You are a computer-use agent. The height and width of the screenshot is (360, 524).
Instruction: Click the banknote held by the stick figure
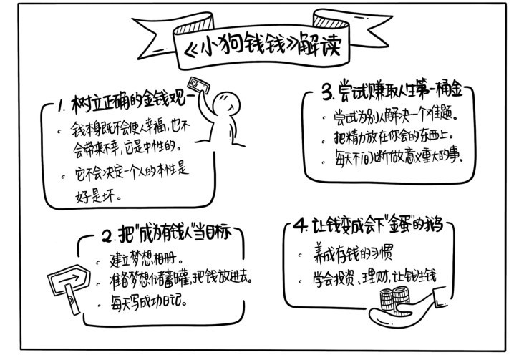coord(198,85)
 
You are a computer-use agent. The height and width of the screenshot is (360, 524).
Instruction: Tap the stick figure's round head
coord(226,104)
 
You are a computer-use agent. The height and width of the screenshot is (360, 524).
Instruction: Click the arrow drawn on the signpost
coord(68,279)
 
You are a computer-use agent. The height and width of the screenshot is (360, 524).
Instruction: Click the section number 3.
coord(327,92)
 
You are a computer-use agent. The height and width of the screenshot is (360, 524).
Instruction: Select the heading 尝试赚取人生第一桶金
coord(400,89)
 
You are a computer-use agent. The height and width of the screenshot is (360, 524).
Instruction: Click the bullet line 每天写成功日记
coord(148,302)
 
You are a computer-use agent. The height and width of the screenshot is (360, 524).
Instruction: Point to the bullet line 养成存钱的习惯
coord(353,253)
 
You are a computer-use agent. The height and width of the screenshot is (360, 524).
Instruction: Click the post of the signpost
coord(72,299)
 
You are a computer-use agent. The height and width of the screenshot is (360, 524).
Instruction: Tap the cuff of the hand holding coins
coord(440,295)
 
